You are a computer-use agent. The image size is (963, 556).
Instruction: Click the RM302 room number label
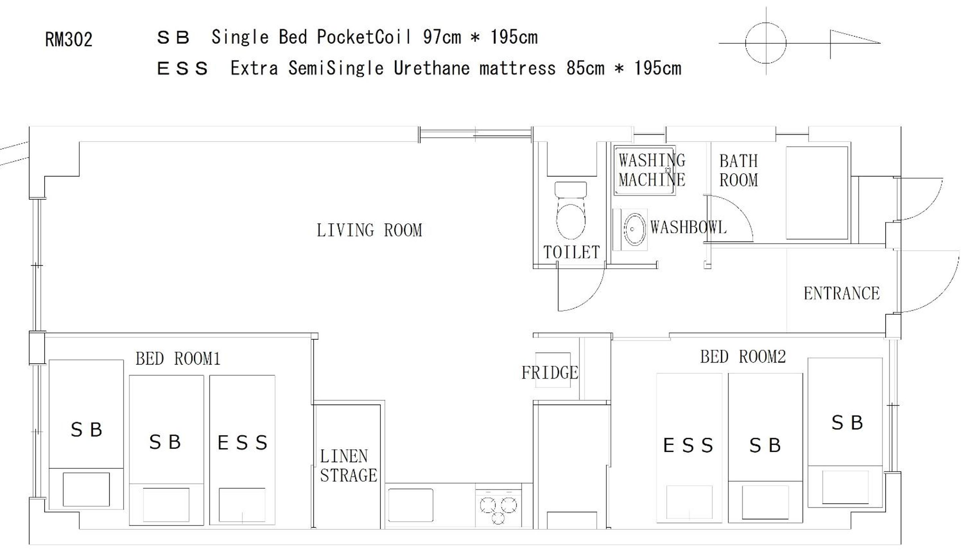pyautogui.click(x=69, y=40)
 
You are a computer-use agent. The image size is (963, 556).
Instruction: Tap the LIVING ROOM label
pyautogui.click(x=369, y=230)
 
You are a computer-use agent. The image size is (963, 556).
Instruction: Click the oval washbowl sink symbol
pyautogui.click(x=635, y=229)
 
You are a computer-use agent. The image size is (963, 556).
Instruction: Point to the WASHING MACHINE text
pyautogui.click(x=652, y=170)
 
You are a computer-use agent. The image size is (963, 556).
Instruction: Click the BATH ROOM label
pyautogui.click(x=738, y=171)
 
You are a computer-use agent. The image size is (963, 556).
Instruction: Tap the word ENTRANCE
pyautogui.click(x=842, y=294)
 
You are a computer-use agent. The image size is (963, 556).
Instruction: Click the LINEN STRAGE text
pyautogui.click(x=348, y=466)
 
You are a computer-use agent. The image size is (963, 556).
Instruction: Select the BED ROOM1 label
pyautogui.click(x=178, y=359)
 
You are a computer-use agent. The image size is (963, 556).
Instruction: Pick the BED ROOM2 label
pyautogui.click(x=743, y=357)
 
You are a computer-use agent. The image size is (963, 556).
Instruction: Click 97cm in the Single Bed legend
pyautogui.click(x=442, y=37)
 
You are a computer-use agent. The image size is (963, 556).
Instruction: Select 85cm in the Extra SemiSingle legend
pyautogui.click(x=585, y=68)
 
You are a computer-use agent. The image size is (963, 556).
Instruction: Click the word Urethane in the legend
pyautogui.click(x=431, y=68)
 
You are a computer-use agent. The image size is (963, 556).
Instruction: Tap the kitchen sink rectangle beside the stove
pyautogui.click(x=410, y=505)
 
